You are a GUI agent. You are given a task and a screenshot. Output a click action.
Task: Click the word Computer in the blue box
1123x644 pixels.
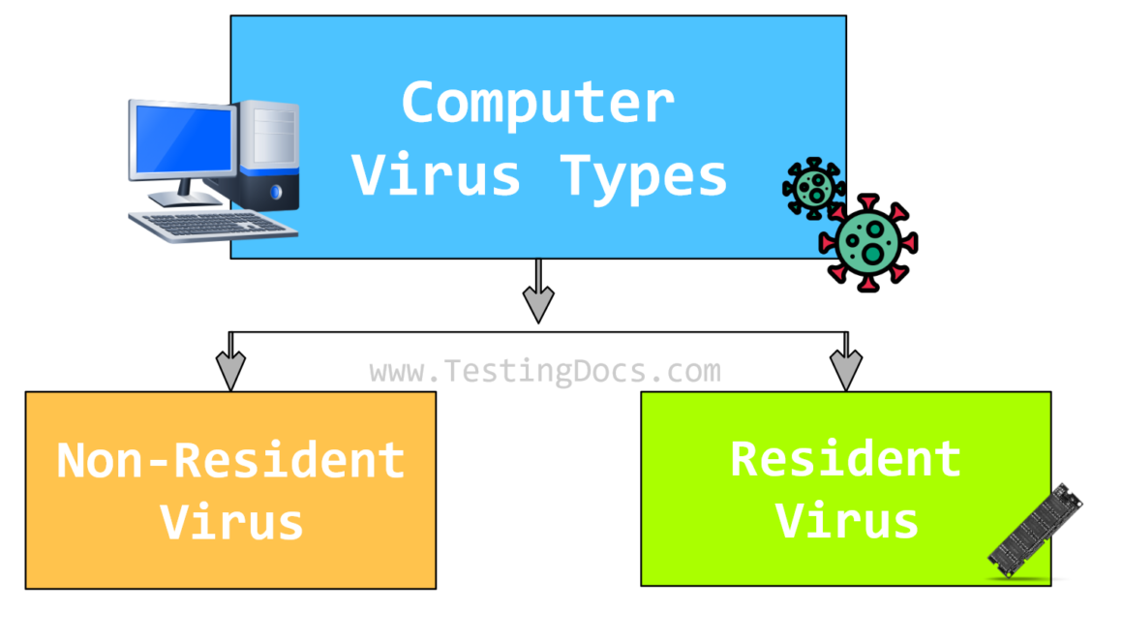click(537, 104)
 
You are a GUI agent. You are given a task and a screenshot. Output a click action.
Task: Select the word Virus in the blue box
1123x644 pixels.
click(437, 175)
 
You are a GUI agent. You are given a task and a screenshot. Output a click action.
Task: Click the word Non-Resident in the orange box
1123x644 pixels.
click(230, 460)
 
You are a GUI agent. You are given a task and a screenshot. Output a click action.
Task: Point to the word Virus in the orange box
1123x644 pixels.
click(231, 522)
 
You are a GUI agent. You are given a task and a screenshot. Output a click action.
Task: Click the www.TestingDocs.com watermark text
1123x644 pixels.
click(545, 371)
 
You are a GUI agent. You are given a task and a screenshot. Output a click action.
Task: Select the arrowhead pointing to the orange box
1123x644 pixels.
click(230, 369)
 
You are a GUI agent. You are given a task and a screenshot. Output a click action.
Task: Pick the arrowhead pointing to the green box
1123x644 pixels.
click(845, 369)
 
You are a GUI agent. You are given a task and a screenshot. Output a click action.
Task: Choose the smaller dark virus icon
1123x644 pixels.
click(813, 187)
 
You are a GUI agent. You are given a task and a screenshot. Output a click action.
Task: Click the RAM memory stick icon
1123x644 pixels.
click(1035, 531)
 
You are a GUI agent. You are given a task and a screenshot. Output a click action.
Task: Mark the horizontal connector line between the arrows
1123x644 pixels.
click(387, 333)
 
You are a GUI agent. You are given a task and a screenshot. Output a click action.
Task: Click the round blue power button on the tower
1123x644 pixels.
click(277, 193)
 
